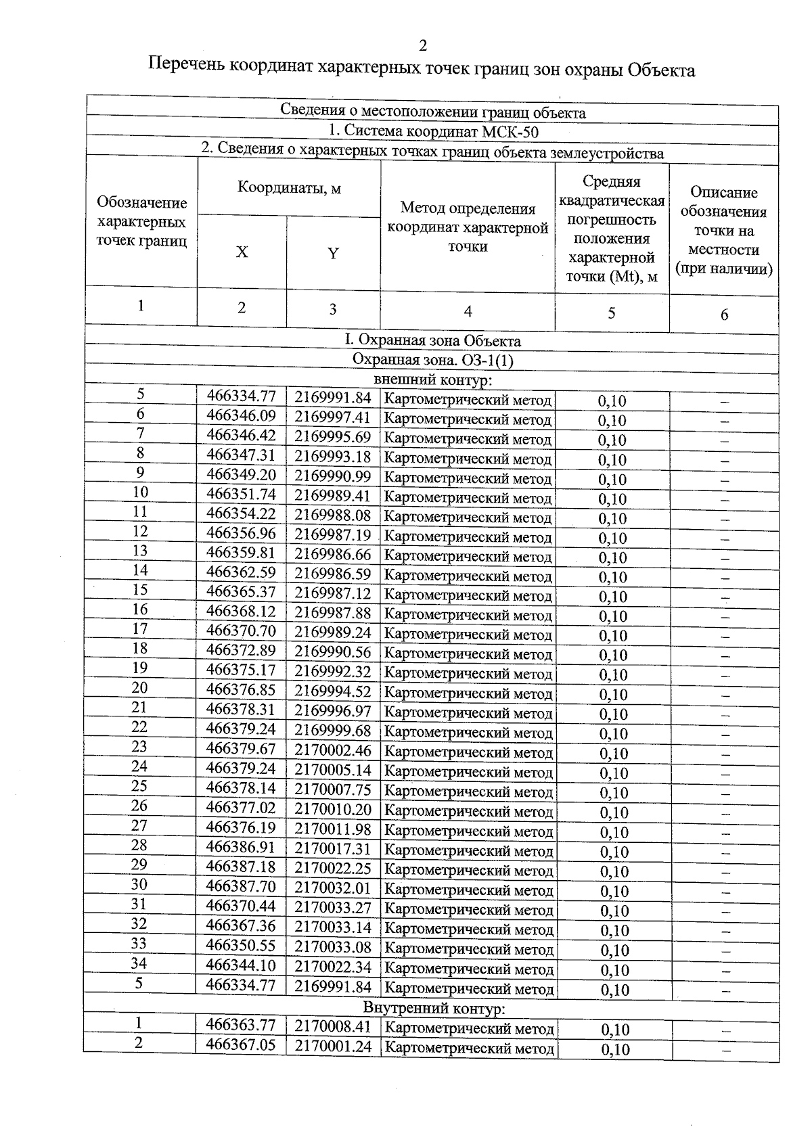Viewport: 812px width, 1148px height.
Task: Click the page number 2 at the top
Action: (423, 46)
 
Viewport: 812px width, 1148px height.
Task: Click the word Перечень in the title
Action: (187, 68)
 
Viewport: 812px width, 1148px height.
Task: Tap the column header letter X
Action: (242, 252)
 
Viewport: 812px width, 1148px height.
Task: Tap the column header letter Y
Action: (333, 254)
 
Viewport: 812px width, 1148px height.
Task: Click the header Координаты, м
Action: (289, 188)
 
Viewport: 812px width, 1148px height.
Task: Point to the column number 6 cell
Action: (724, 315)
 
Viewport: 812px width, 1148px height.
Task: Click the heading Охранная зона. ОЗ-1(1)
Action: (433, 360)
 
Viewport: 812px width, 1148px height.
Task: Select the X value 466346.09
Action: (242, 415)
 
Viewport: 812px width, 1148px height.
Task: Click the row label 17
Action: (140, 629)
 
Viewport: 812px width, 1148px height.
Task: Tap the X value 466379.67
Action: (242, 749)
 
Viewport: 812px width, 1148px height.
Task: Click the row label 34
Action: (139, 963)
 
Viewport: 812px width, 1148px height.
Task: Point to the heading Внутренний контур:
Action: (434, 1009)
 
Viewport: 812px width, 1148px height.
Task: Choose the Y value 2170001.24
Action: (333, 1046)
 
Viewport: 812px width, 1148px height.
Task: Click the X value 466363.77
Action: (241, 1026)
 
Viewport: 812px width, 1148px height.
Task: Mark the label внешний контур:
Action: (432, 381)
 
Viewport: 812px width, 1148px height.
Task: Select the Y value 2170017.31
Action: (333, 848)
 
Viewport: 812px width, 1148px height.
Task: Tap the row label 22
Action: (139, 727)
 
